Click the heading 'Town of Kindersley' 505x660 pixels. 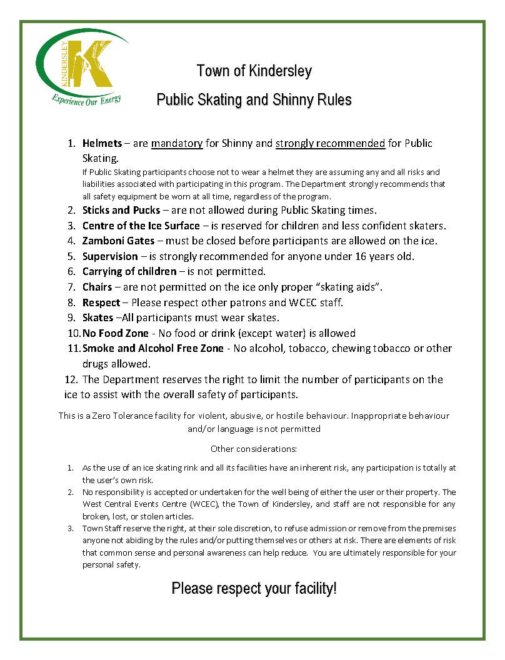(x=254, y=71)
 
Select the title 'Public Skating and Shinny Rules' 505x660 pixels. (x=254, y=100)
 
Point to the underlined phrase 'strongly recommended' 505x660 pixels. (x=330, y=144)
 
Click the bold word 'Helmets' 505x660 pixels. (x=102, y=144)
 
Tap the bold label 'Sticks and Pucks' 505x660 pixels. (x=121, y=210)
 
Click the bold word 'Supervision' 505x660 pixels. (x=110, y=256)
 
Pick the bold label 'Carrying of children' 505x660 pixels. (x=129, y=271)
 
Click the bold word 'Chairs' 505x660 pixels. (x=97, y=287)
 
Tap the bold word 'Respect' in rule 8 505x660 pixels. (x=101, y=302)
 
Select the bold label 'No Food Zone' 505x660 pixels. (x=116, y=333)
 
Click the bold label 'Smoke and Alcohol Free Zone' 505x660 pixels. (x=152, y=348)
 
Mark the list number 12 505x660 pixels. (x=71, y=379)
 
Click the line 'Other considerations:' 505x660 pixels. (x=254, y=449)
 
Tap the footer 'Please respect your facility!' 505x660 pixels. (x=254, y=588)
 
